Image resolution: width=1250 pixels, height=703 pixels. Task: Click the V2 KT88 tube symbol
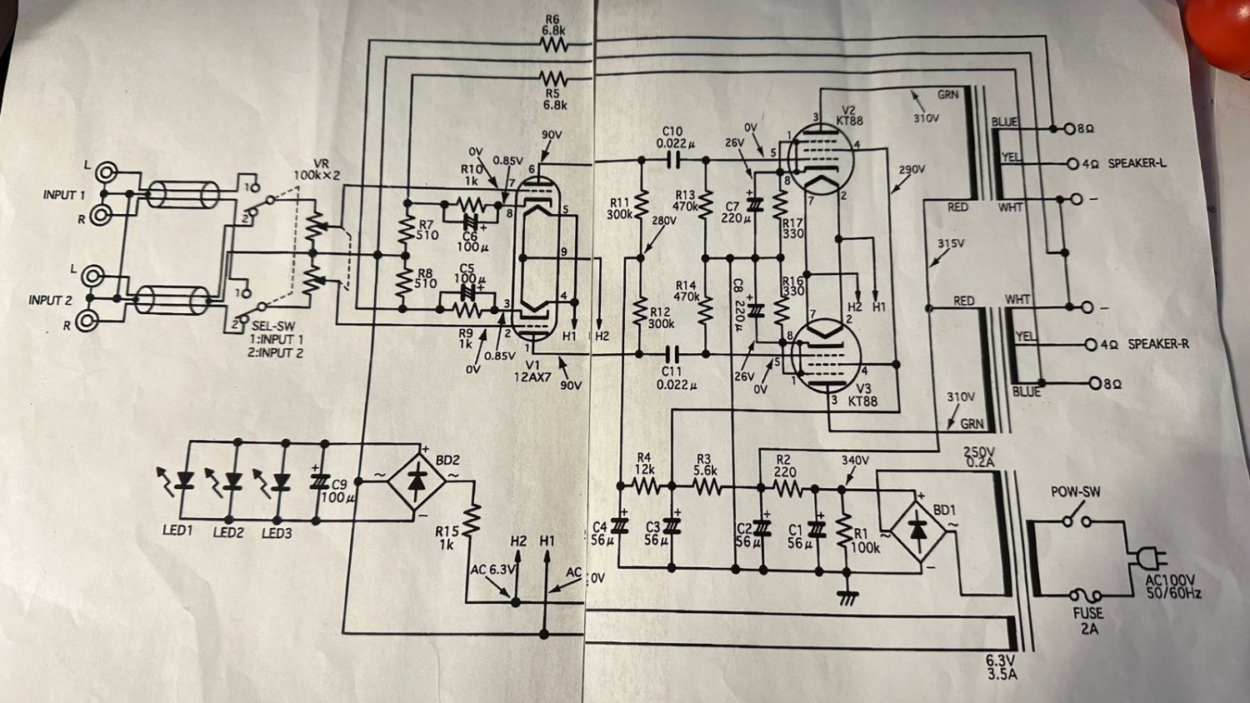click(822, 159)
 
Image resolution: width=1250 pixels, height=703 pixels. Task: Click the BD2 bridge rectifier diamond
click(417, 481)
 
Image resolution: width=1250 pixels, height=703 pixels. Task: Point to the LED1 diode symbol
click(185, 481)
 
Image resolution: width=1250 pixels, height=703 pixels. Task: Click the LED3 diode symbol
click(281, 481)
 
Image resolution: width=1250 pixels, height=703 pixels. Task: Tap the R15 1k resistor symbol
click(472, 520)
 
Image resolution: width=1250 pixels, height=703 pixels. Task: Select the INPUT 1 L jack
click(105, 173)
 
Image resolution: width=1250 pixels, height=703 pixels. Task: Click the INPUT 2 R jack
click(86, 321)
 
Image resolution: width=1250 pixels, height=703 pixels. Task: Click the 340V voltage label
click(855, 461)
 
